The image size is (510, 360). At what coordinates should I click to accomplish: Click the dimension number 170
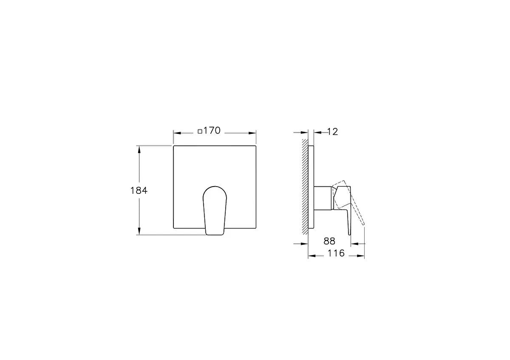click(212, 131)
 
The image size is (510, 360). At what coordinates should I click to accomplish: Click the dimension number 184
click(139, 190)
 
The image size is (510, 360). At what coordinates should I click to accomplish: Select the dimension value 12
click(333, 132)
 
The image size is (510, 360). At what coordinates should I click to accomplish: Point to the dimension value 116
click(336, 253)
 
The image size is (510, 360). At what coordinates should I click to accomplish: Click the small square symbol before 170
click(200, 131)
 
